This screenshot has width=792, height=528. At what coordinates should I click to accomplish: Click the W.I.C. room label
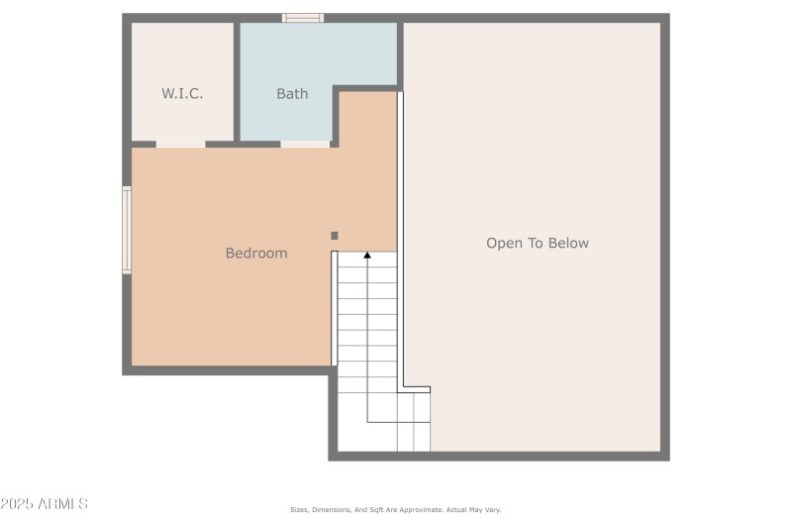click(x=182, y=94)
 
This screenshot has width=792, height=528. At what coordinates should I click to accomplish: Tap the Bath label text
click(x=292, y=94)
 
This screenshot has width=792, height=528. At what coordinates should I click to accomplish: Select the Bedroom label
click(x=256, y=253)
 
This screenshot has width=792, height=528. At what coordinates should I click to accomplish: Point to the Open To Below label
click(x=538, y=243)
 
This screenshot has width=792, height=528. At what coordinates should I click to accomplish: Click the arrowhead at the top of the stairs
click(x=367, y=256)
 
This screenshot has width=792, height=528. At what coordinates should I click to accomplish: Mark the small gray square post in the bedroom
click(x=335, y=236)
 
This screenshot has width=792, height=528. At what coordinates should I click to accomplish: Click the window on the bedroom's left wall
click(x=127, y=230)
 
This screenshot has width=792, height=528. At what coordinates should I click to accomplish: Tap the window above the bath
click(x=303, y=18)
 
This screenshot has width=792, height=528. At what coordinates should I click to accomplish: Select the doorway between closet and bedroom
click(x=181, y=144)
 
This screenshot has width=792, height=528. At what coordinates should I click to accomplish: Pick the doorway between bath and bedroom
click(x=305, y=144)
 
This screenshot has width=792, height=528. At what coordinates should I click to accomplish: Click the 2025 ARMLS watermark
click(x=45, y=504)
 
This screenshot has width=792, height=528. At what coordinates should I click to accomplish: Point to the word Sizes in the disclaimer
click(x=299, y=510)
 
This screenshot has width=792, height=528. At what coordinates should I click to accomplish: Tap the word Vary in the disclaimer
click(x=492, y=510)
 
